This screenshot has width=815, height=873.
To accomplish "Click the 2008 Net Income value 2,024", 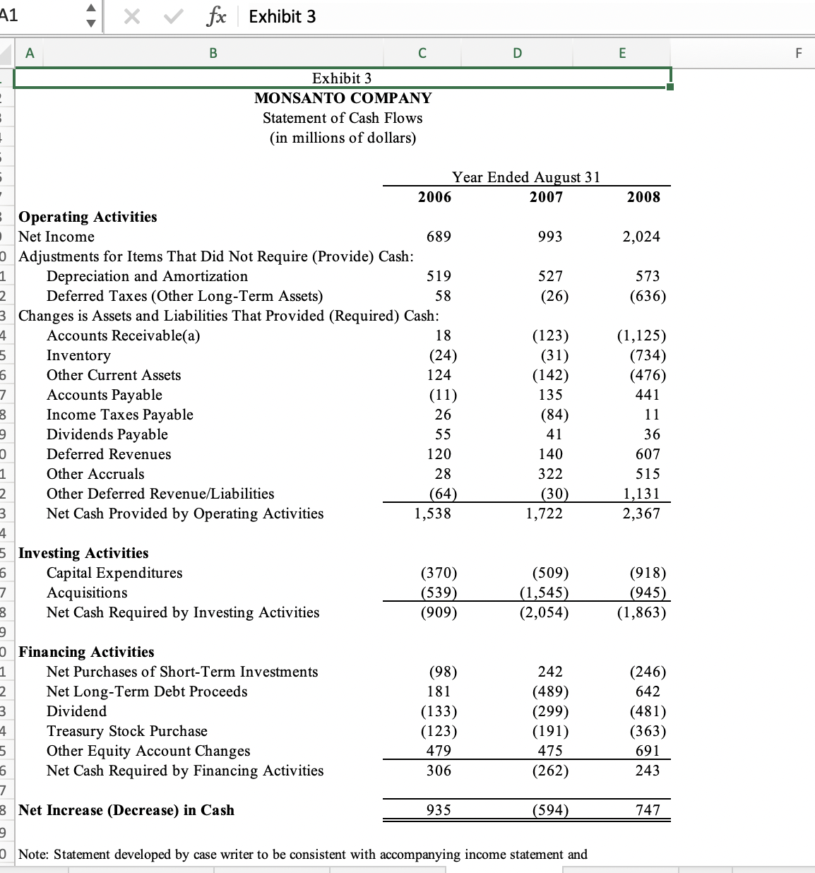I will (x=641, y=237).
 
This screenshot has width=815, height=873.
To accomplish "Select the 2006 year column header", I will (x=434, y=197).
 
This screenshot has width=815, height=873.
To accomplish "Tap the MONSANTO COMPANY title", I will (x=343, y=98).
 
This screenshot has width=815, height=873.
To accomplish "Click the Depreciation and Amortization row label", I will (x=147, y=276).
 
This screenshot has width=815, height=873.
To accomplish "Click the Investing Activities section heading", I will (x=83, y=553).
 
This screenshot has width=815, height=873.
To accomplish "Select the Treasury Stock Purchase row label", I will (x=127, y=731).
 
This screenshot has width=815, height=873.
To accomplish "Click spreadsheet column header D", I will (x=517, y=52).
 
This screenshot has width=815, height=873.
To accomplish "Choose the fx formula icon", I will (x=216, y=16).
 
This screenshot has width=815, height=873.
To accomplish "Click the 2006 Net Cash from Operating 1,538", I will (x=432, y=513).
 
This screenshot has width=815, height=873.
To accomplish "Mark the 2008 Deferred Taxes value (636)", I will (x=647, y=296).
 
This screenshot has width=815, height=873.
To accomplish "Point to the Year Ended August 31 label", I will (x=525, y=177).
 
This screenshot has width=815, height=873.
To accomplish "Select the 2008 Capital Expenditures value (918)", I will (x=647, y=573).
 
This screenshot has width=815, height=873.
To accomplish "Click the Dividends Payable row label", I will (x=107, y=434).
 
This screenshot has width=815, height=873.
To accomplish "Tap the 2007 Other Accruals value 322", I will (x=550, y=474).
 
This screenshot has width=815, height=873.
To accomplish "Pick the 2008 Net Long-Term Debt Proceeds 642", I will (x=648, y=691).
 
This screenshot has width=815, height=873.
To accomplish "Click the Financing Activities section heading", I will (x=86, y=652).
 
